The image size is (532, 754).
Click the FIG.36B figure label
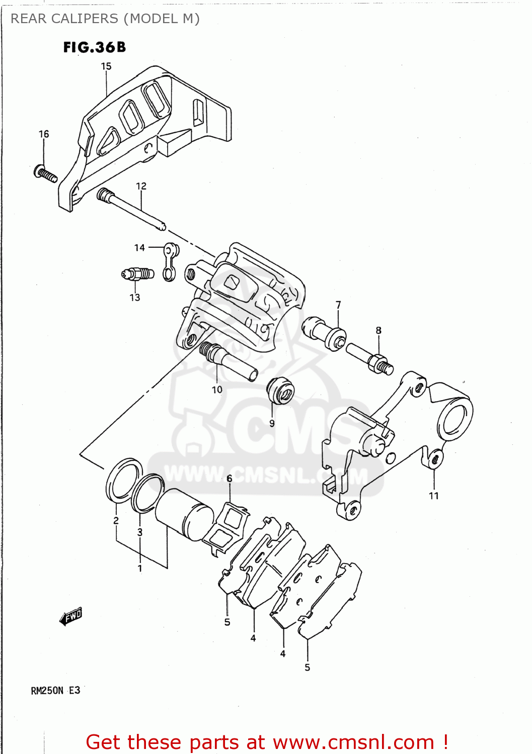click(94, 47)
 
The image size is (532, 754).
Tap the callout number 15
click(106, 66)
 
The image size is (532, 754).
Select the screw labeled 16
click(45, 174)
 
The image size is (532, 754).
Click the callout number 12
click(141, 186)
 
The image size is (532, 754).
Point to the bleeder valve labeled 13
click(137, 274)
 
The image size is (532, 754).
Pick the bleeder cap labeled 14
click(170, 261)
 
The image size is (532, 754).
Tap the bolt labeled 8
click(370, 358)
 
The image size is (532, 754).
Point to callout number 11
click(433, 496)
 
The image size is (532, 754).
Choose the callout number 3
click(140, 532)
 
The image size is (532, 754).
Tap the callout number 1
click(140, 569)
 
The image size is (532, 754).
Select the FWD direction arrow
click(71, 616)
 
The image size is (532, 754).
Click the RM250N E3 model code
click(55, 690)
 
